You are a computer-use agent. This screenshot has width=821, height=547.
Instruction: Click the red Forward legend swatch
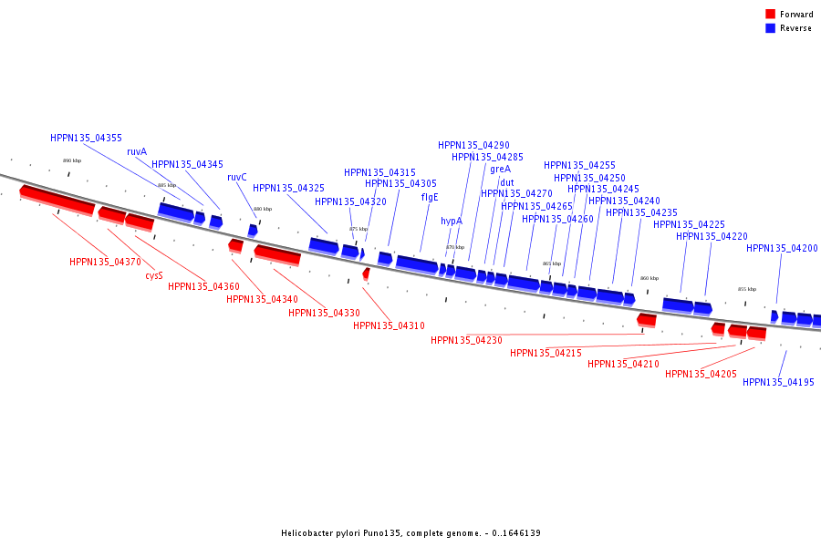pos(771,14)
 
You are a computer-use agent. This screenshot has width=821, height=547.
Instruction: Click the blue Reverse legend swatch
pos(771,28)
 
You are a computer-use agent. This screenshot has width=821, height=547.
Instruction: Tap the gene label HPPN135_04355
pos(86,138)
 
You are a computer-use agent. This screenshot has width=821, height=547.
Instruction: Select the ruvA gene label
pos(137,151)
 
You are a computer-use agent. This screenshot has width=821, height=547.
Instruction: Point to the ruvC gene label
pos(237,177)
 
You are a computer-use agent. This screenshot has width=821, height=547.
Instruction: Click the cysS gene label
pos(154,274)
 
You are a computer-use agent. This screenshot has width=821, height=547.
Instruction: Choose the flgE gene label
pos(430,196)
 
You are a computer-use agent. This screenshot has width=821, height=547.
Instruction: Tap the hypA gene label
pos(452,221)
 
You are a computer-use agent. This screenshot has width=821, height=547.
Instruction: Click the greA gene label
pos(500,169)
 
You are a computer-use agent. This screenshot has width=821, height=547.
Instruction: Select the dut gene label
pos(506,182)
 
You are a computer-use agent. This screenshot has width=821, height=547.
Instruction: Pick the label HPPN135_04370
pos(105,262)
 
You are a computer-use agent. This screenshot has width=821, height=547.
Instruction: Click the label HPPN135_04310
pos(389,325)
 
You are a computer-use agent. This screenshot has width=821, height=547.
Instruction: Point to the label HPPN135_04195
pos(778,382)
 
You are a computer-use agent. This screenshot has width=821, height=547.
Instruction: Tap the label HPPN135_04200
pos(782,248)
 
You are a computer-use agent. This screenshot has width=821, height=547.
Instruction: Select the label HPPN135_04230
pos(466,340)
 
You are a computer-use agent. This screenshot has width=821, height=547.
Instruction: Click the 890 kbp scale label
pos(72,160)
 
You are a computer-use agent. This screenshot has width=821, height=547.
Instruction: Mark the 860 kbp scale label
pos(649,278)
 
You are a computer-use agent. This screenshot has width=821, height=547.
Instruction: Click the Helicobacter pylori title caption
pos(410,532)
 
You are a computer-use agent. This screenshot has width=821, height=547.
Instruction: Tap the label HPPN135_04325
pos(288,188)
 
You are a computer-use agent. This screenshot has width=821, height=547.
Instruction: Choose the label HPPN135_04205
pos(701,374)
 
